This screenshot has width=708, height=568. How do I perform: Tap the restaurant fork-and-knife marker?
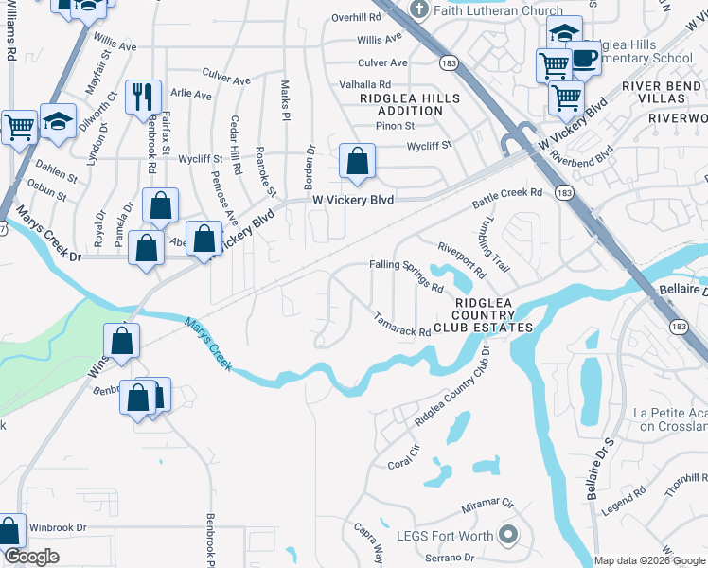141,96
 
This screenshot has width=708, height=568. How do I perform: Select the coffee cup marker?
584,59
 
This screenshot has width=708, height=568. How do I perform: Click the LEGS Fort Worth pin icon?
508,537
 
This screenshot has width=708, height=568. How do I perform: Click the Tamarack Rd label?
401,325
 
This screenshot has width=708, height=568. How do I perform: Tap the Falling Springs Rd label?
406,275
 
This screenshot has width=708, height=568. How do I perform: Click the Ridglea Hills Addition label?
409,104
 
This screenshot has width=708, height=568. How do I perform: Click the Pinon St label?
396,125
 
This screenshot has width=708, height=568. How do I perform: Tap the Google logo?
31,558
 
